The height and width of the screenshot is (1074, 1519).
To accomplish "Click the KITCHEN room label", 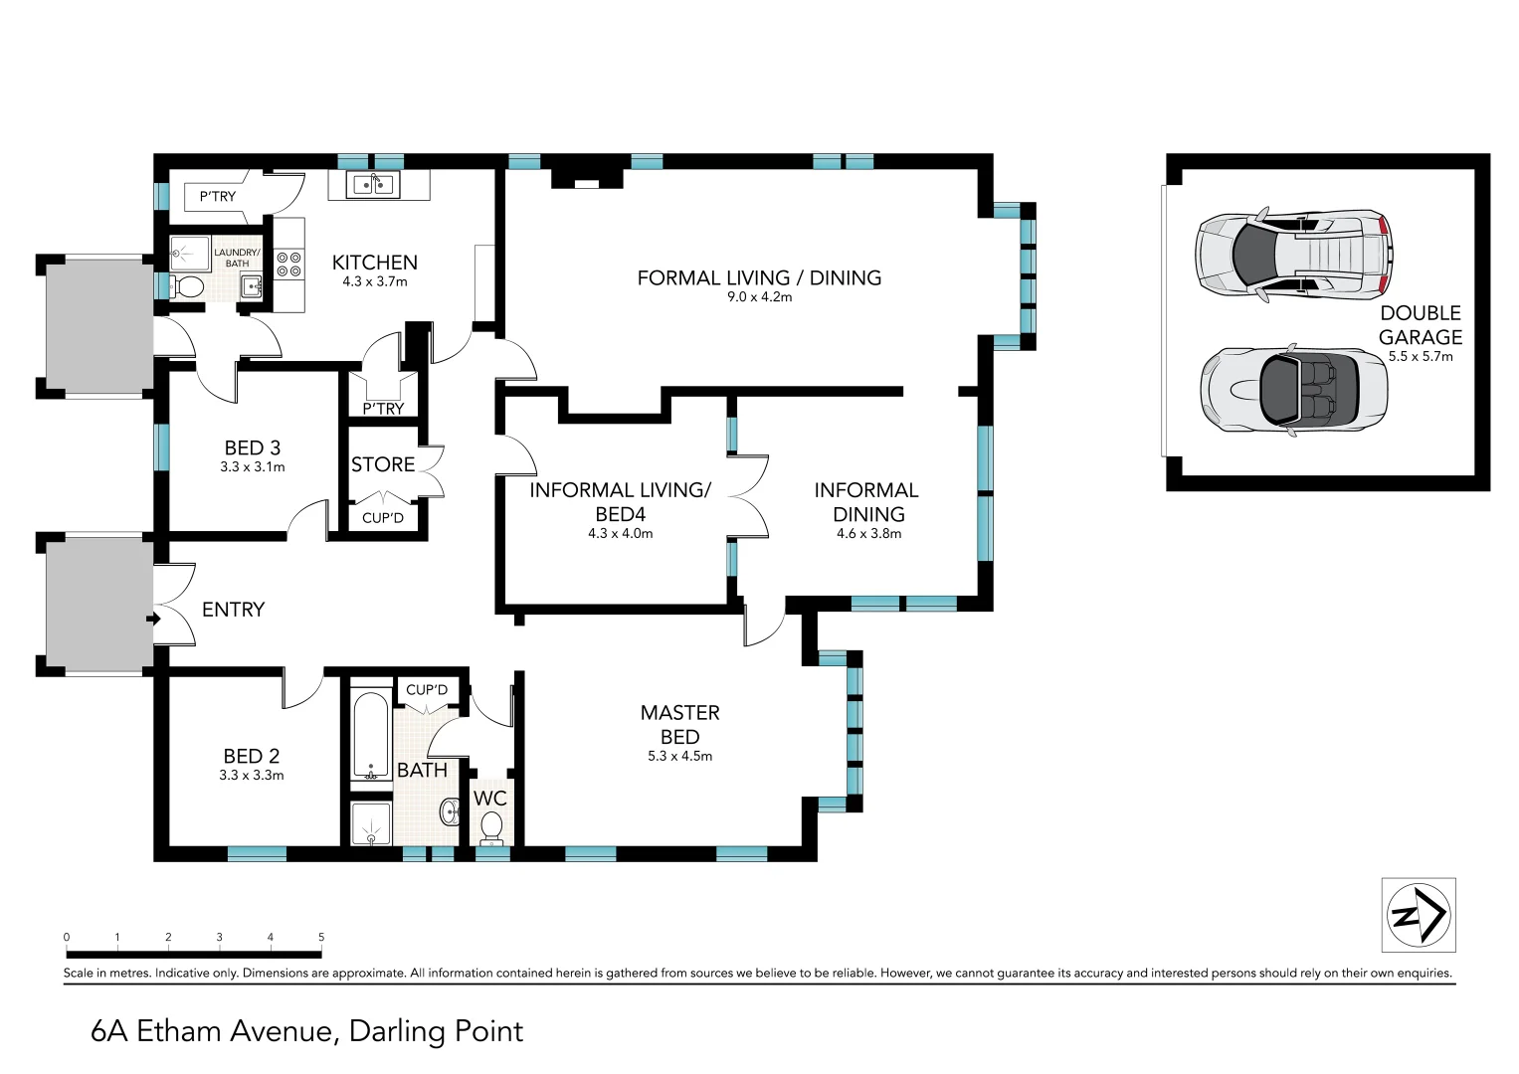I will pyautogui.click(x=374, y=263).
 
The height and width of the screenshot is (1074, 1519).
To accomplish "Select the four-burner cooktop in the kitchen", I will pyautogui.click(x=288, y=264).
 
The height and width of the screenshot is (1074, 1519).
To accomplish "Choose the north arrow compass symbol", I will pyautogui.click(x=1419, y=914).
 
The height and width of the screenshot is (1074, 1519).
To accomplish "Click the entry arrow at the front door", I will pyautogui.click(x=152, y=619).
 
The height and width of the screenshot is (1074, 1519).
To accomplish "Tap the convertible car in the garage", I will pyautogui.click(x=1293, y=390).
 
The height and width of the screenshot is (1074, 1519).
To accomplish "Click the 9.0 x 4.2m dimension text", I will pyautogui.click(x=759, y=297).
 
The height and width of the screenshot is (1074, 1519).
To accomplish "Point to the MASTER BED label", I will pyautogui.click(x=679, y=724).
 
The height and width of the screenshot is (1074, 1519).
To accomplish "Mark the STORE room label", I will pyautogui.click(x=383, y=464).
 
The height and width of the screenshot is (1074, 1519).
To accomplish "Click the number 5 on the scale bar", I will pyautogui.click(x=321, y=937).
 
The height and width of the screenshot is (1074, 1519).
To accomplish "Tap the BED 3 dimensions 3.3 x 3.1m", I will pyautogui.click(x=252, y=467).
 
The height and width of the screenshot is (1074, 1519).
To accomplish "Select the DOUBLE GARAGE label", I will pyautogui.click(x=1420, y=325).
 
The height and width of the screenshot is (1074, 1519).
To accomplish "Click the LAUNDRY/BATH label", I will pyautogui.click(x=237, y=258).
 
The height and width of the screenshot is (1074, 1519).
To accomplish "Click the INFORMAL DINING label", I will pyautogui.click(x=867, y=501).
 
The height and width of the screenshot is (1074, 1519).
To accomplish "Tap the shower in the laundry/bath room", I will pyautogui.click(x=185, y=253).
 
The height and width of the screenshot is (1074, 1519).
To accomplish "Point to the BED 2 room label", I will pyautogui.click(x=251, y=756).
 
